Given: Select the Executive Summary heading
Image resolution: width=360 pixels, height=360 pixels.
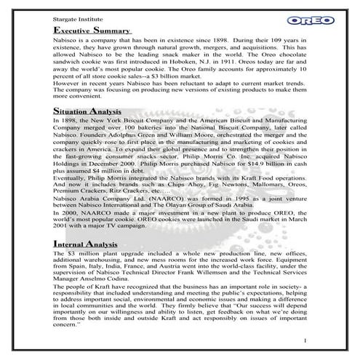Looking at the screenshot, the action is click(x=91, y=31).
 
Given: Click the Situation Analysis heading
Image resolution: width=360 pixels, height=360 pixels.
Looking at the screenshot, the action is click(x=89, y=108).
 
